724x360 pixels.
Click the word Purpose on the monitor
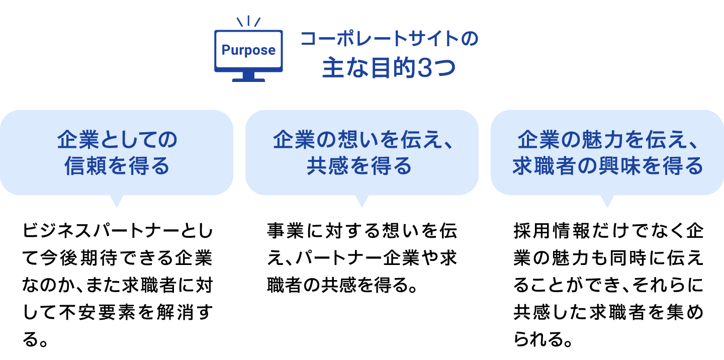point(248,50)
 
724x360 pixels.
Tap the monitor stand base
point(248,79)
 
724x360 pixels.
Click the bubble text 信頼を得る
point(117,166)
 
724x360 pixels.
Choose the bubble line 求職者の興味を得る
point(607,166)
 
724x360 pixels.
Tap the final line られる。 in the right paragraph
point(544,341)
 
